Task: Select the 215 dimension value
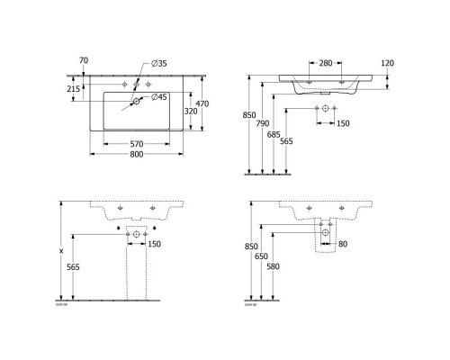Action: click(74, 89)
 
